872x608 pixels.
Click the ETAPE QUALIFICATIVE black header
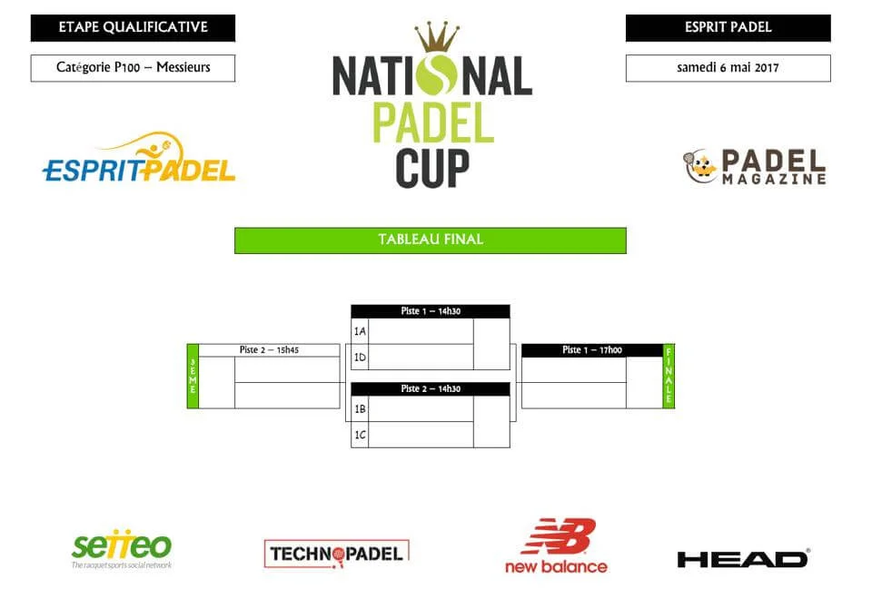(x=133, y=27)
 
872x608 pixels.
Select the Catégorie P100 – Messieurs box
(x=133, y=68)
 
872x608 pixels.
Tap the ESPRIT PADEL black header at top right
(x=728, y=27)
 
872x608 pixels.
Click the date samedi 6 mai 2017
(x=728, y=68)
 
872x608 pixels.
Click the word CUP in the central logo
(x=432, y=167)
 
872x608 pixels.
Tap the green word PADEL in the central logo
(x=432, y=123)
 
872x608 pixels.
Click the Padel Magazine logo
(x=754, y=167)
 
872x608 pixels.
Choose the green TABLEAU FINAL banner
(x=430, y=240)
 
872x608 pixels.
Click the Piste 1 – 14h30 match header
(x=430, y=311)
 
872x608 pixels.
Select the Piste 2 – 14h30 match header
(x=430, y=389)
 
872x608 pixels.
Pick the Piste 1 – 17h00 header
(x=591, y=350)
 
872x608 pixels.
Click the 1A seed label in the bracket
(x=360, y=331)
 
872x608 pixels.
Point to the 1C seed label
(x=360, y=435)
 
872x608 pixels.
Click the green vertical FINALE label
(x=669, y=376)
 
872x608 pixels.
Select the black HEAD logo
(x=743, y=558)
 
